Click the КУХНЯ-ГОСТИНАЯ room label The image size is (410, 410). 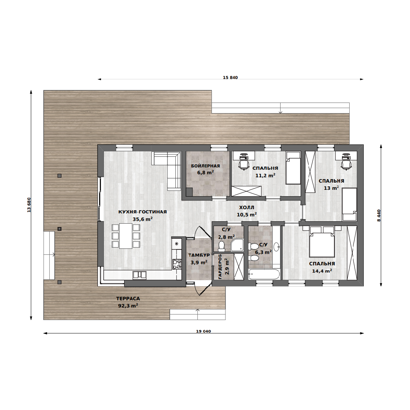(x=142, y=212)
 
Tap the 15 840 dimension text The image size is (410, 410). (x=230, y=77)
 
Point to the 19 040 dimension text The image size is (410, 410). (x=203, y=331)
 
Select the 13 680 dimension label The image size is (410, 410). (x=29, y=205)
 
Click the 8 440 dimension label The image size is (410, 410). (x=379, y=216)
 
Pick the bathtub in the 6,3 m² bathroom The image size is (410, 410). (x=264, y=274)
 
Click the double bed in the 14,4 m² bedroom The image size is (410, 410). (x=322, y=241)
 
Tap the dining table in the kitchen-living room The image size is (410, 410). (x=126, y=236)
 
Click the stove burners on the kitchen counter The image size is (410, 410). (x=177, y=264)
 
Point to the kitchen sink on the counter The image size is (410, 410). (x=139, y=274)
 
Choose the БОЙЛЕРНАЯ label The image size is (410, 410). (x=205, y=166)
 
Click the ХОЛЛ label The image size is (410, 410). (x=247, y=207)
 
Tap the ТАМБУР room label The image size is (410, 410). (x=199, y=255)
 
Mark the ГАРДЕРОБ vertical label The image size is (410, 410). (x=220, y=266)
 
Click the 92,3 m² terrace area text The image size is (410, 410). (x=128, y=305)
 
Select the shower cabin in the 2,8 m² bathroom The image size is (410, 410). (x=237, y=245)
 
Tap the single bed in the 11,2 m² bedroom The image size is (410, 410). (x=293, y=168)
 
